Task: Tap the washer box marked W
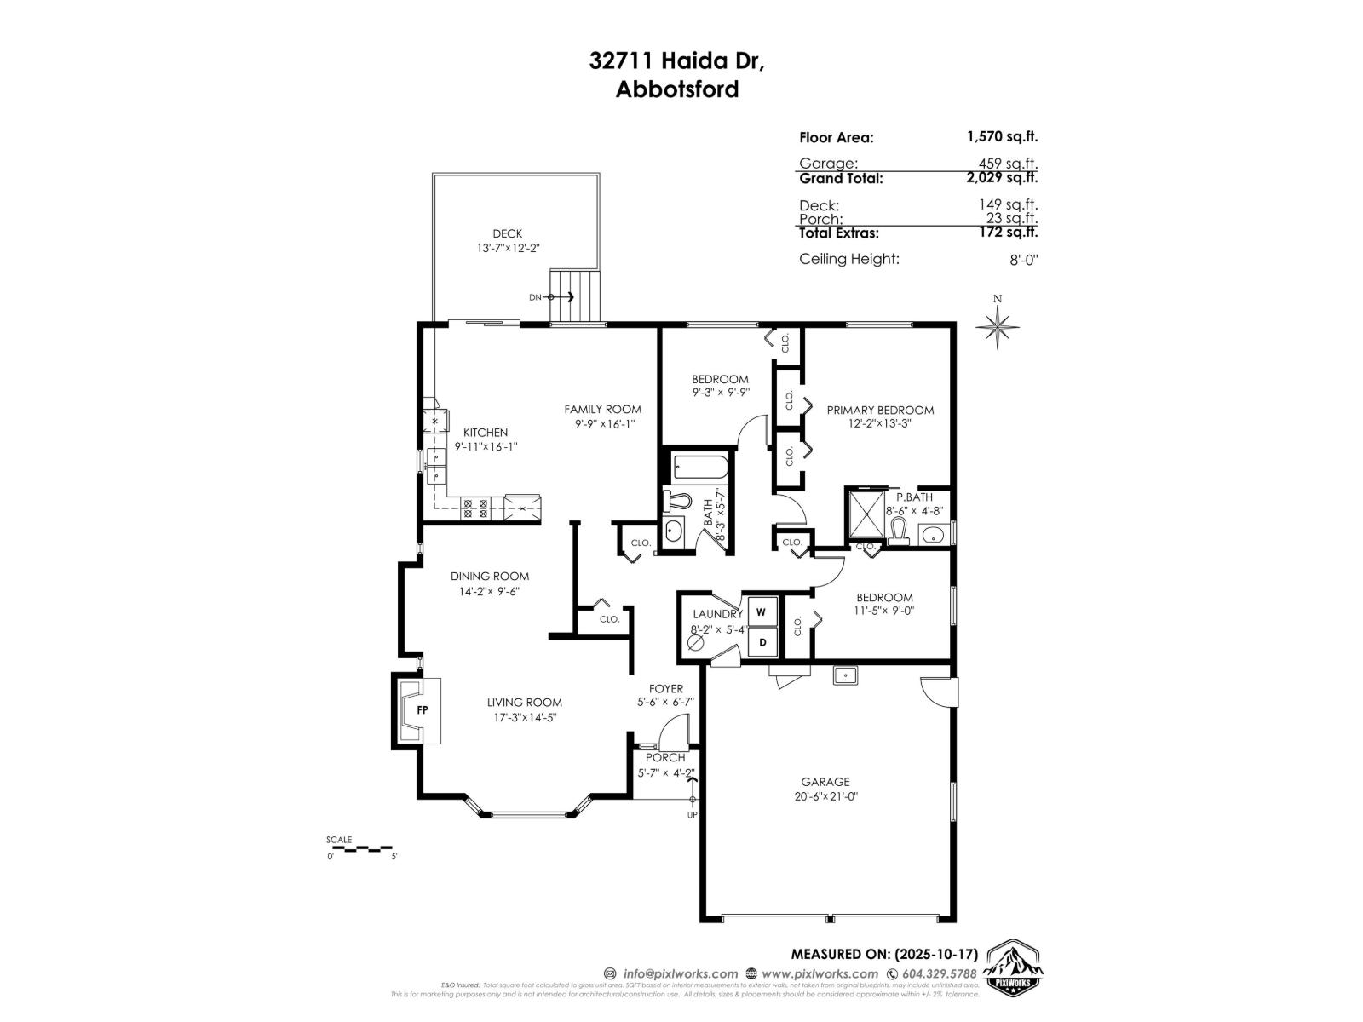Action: [x=762, y=611]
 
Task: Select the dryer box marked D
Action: [x=762, y=642]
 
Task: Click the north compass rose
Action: [x=998, y=324]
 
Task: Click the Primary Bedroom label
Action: [x=880, y=410]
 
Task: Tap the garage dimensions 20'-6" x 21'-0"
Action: [x=825, y=797]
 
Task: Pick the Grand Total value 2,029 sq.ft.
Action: [x=1002, y=178]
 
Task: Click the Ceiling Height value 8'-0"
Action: [x=1023, y=260]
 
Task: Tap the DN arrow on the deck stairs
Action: [x=562, y=296]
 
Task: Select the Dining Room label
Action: [x=490, y=577]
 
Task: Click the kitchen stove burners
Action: [x=474, y=509]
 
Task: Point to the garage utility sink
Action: [x=845, y=676]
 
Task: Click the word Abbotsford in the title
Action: [x=677, y=89]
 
